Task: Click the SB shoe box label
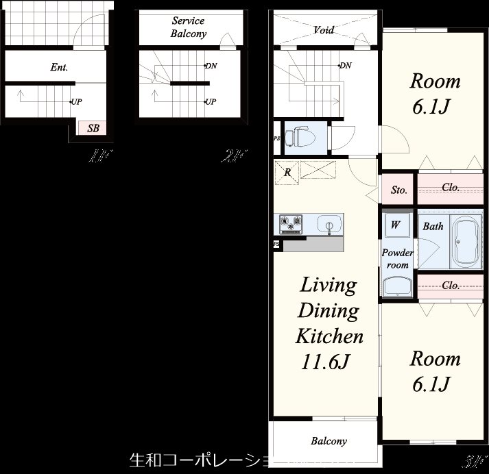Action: [x=93, y=128]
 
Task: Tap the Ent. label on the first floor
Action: [x=58, y=67]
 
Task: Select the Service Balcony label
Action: [x=189, y=27]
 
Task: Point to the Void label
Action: [x=324, y=30]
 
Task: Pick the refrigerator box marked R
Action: [x=288, y=172]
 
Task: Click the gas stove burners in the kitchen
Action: [x=291, y=223]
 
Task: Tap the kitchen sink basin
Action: [x=330, y=225]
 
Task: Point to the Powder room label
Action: [x=398, y=259]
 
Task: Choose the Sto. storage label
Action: [x=399, y=190]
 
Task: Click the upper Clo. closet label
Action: [x=451, y=187]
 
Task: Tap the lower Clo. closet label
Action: [x=451, y=286]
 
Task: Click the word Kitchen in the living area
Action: [x=329, y=336]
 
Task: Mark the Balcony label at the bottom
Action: [x=329, y=441]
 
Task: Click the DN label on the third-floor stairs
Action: [x=346, y=66]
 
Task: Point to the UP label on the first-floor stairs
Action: [x=77, y=102]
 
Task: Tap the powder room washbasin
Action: [x=397, y=286]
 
